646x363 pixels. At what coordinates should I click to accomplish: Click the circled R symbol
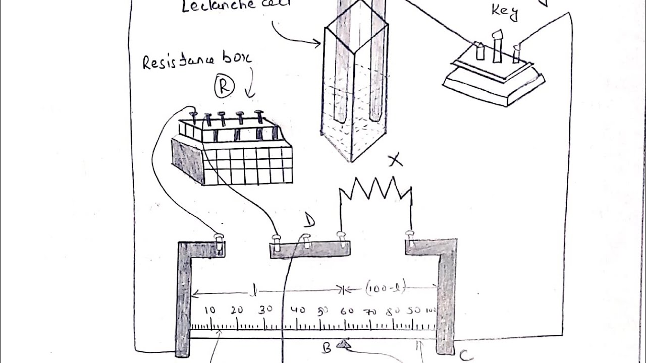point(224,87)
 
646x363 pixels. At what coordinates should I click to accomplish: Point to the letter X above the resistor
point(396,161)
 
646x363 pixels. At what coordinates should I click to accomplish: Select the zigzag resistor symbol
point(375,189)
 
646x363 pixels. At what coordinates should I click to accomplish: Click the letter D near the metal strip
point(309,220)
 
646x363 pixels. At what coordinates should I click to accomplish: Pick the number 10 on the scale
point(210,310)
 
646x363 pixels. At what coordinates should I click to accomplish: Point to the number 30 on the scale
point(265,310)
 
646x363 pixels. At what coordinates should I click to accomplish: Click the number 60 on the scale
point(347,311)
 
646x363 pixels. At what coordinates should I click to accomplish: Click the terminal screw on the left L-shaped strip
point(219,239)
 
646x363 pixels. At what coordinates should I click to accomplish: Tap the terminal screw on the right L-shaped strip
point(410,236)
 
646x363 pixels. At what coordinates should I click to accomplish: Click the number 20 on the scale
point(237,310)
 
